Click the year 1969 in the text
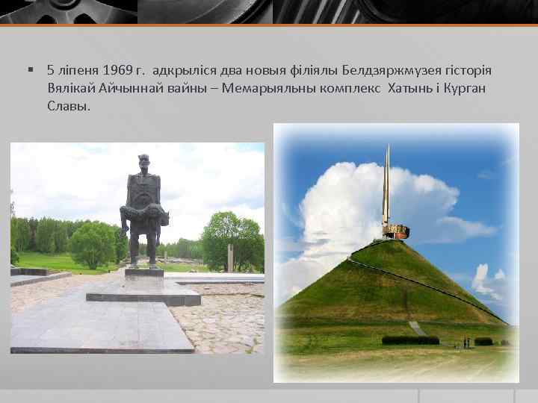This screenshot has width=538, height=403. (118, 71)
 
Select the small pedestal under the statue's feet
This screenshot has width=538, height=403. (143, 272)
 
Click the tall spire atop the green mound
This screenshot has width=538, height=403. (387, 187)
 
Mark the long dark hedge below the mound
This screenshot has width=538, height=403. (410, 340)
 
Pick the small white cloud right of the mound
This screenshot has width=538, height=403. (481, 278)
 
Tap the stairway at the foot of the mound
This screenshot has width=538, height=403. (418, 328)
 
